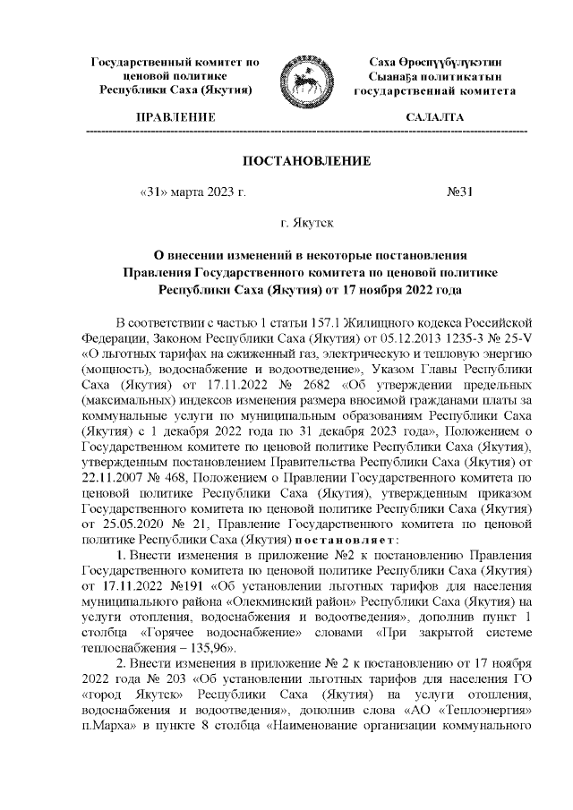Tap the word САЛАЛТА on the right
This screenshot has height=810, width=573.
[434, 117]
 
